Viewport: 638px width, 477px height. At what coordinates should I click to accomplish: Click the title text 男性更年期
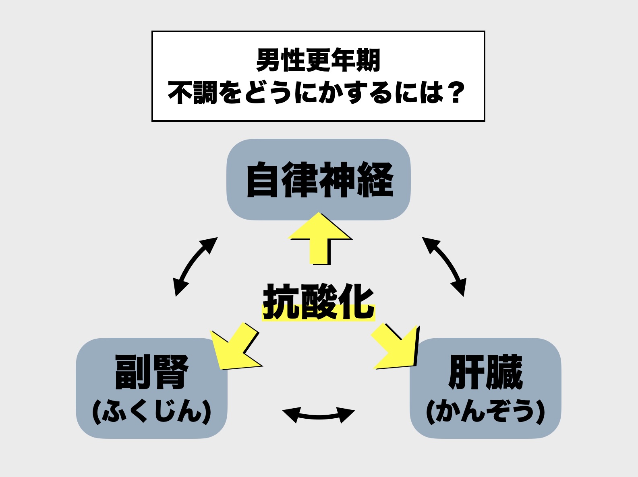point(318,60)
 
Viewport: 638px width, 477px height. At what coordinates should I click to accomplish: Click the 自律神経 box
point(319,180)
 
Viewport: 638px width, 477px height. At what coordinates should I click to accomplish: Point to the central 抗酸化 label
point(318,302)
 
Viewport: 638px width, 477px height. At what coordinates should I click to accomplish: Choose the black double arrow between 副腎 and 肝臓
point(318,415)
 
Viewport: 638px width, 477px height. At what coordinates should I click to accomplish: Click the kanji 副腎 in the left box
point(151,372)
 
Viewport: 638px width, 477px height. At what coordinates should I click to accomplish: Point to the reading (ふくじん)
point(151,411)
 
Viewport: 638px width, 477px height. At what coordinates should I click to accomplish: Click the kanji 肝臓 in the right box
point(485,372)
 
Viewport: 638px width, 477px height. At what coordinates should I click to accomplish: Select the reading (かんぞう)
point(485,411)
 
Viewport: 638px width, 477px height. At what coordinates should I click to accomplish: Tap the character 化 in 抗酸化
point(356,302)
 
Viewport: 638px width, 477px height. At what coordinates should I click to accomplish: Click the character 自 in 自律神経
point(263,180)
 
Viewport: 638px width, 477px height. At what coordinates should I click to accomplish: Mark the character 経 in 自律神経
point(375,180)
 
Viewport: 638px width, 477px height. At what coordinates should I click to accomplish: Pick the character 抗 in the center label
point(281,302)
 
